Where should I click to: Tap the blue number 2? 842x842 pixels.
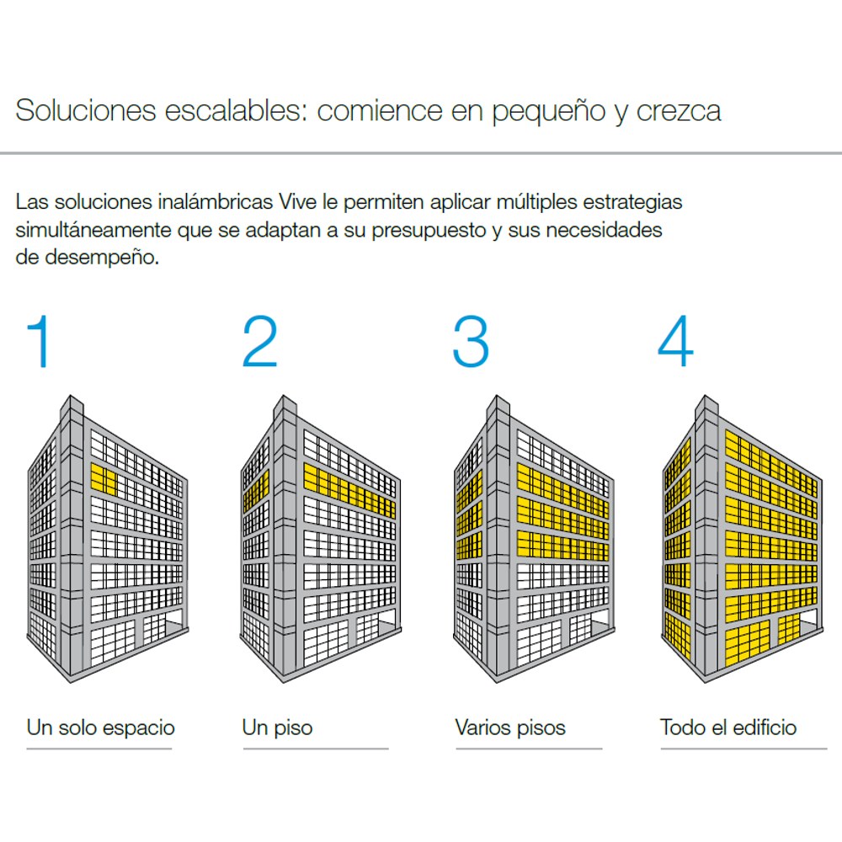[260, 341]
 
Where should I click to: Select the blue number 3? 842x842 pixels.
[471, 342]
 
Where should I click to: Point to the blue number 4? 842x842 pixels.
[676, 341]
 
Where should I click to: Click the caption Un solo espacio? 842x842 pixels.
[101, 728]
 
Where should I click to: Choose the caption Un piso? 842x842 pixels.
[277, 728]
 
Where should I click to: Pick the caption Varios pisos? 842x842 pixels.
[510, 728]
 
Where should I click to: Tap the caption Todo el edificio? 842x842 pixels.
[728, 727]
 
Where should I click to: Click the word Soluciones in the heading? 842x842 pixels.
[86, 110]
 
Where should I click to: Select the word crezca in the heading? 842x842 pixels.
[679, 112]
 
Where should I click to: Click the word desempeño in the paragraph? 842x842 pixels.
[102, 257]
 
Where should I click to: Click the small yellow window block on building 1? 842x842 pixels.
[104, 479]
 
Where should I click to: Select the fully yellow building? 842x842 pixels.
[742, 539]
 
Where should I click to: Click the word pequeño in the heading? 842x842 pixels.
[549, 112]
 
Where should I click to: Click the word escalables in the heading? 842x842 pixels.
[235, 110]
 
